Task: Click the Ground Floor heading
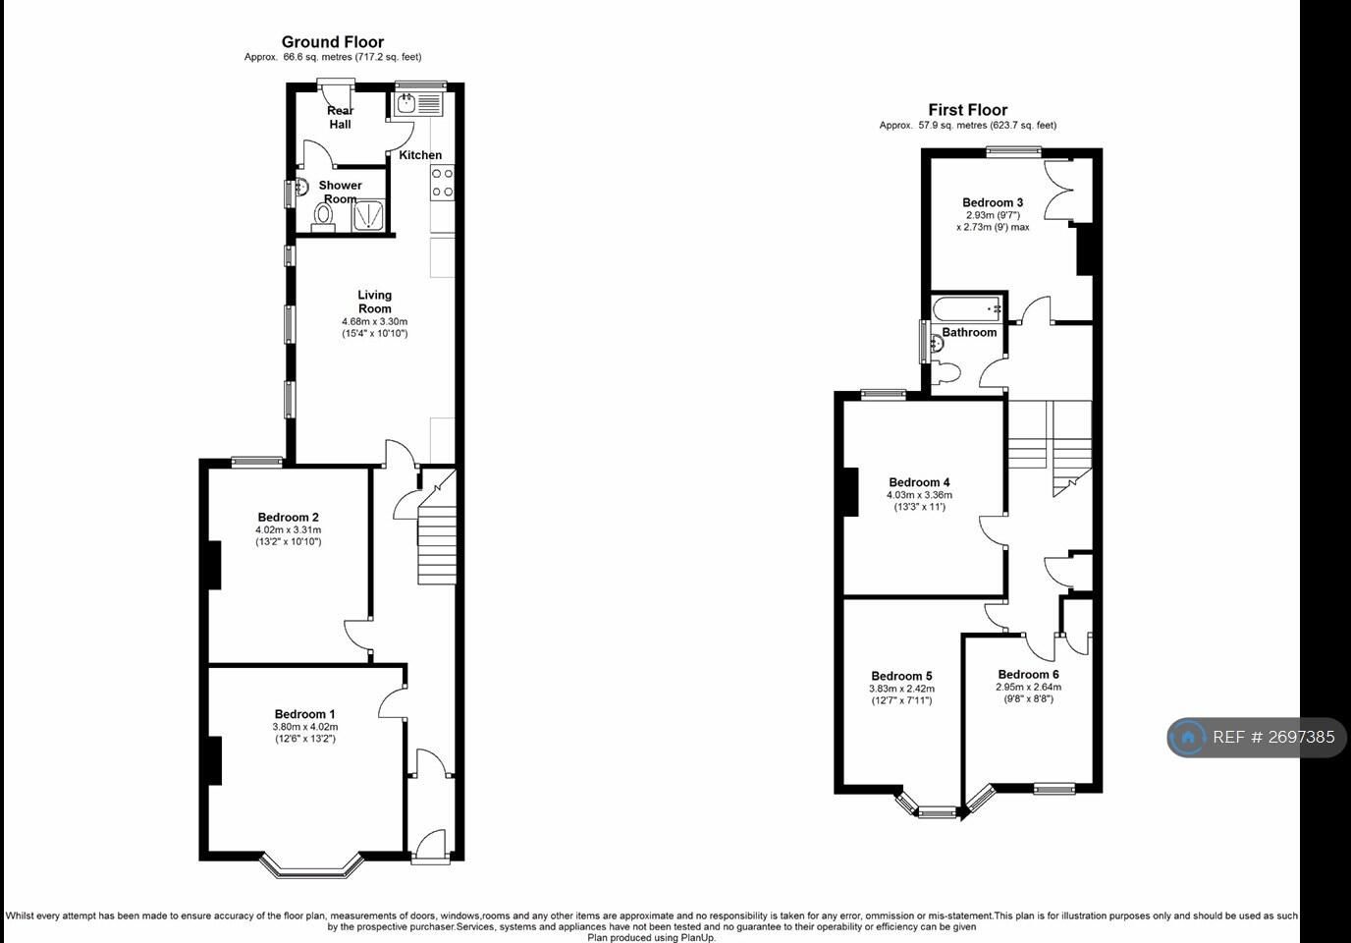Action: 332,42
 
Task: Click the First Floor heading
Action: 967,110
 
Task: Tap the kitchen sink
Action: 419,104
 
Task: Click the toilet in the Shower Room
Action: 323,217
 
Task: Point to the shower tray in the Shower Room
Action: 368,215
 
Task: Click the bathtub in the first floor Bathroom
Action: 967,308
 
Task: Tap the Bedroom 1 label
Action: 304,714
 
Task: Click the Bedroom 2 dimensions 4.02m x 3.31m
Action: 289,529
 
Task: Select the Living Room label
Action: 374,302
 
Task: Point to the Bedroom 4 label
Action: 919,482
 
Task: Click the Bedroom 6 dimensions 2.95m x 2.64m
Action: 1028,687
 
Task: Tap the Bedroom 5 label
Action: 901,676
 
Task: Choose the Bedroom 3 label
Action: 993,202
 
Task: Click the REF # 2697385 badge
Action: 1257,738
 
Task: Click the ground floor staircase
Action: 437,527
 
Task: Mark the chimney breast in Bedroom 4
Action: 850,492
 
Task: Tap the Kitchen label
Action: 420,155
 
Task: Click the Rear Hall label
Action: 340,117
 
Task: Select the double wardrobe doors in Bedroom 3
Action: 1059,191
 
